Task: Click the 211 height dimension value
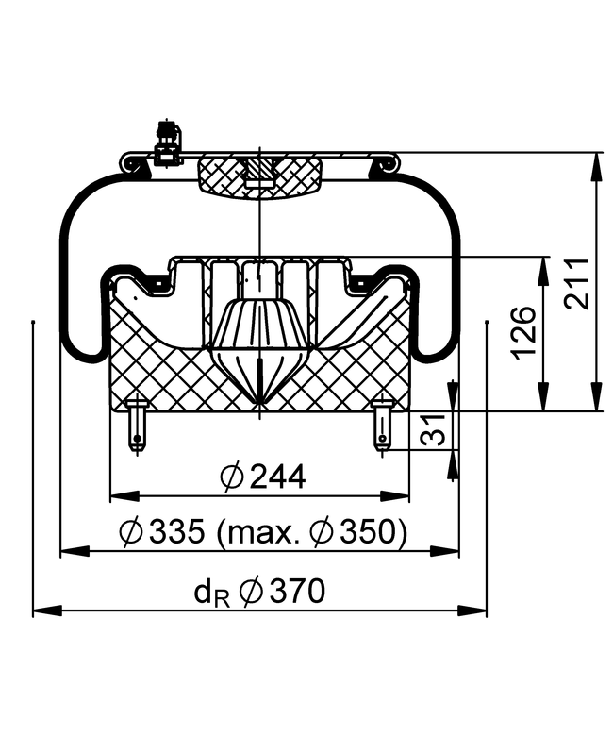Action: tap(577, 282)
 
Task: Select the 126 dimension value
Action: tap(523, 332)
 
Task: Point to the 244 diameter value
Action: tap(277, 477)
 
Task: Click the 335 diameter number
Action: tap(176, 531)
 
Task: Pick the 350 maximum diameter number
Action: tap(369, 531)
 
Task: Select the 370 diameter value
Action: tap(297, 591)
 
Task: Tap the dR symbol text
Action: tap(212, 594)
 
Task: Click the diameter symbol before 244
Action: tap(232, 477)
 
